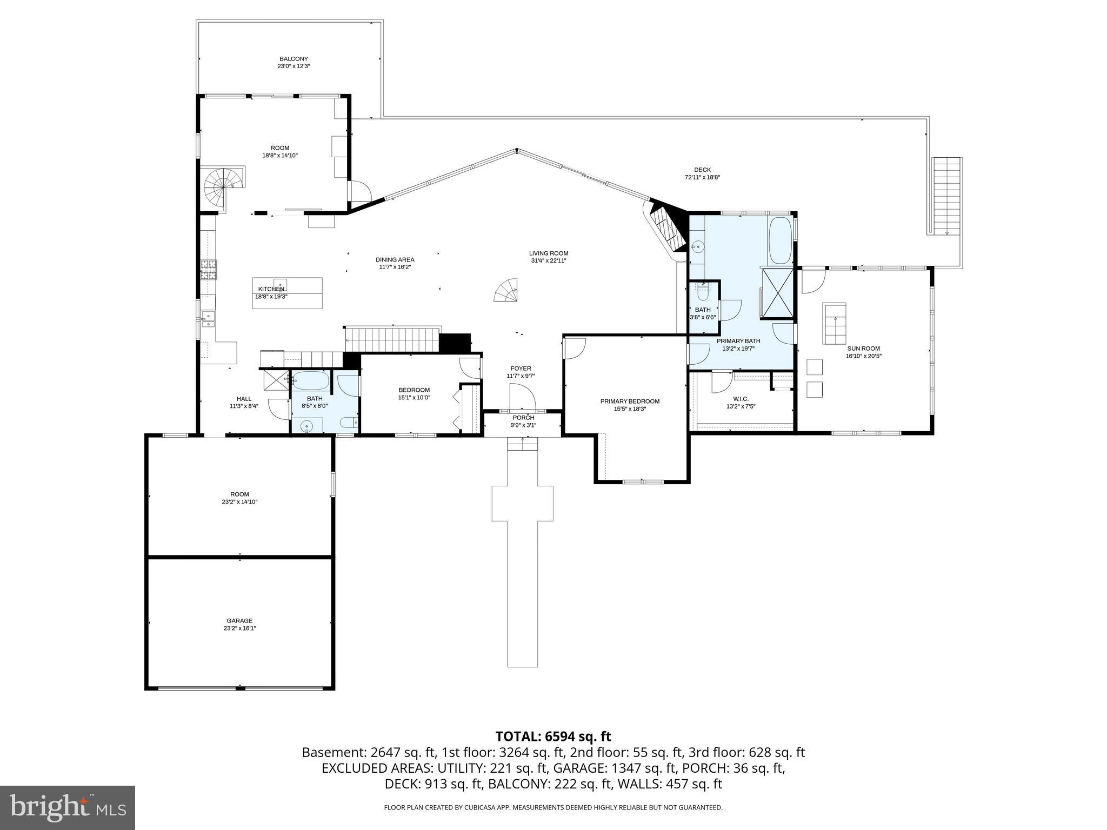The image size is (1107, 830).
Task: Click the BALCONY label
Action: tap(294, 59)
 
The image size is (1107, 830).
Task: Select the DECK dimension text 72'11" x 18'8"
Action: tap(702, 177)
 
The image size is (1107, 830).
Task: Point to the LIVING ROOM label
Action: tap(548, 253)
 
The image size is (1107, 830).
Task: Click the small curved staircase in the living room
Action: tap(507, 290)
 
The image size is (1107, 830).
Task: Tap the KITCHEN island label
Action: tap(271, 289)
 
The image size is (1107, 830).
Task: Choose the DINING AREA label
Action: tap(395, 259)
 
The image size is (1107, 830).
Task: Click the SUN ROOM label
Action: tap(863, 349)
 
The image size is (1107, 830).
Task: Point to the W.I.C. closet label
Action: tap(741, 399)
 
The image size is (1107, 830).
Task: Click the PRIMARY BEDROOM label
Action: tap(630, 401)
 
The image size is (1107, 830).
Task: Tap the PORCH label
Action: tap(523, 418)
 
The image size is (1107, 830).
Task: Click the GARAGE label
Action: tap(239, 621)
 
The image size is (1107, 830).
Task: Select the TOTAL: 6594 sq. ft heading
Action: tap(553, 737)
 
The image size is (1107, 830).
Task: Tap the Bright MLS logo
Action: tap(68, 807)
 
